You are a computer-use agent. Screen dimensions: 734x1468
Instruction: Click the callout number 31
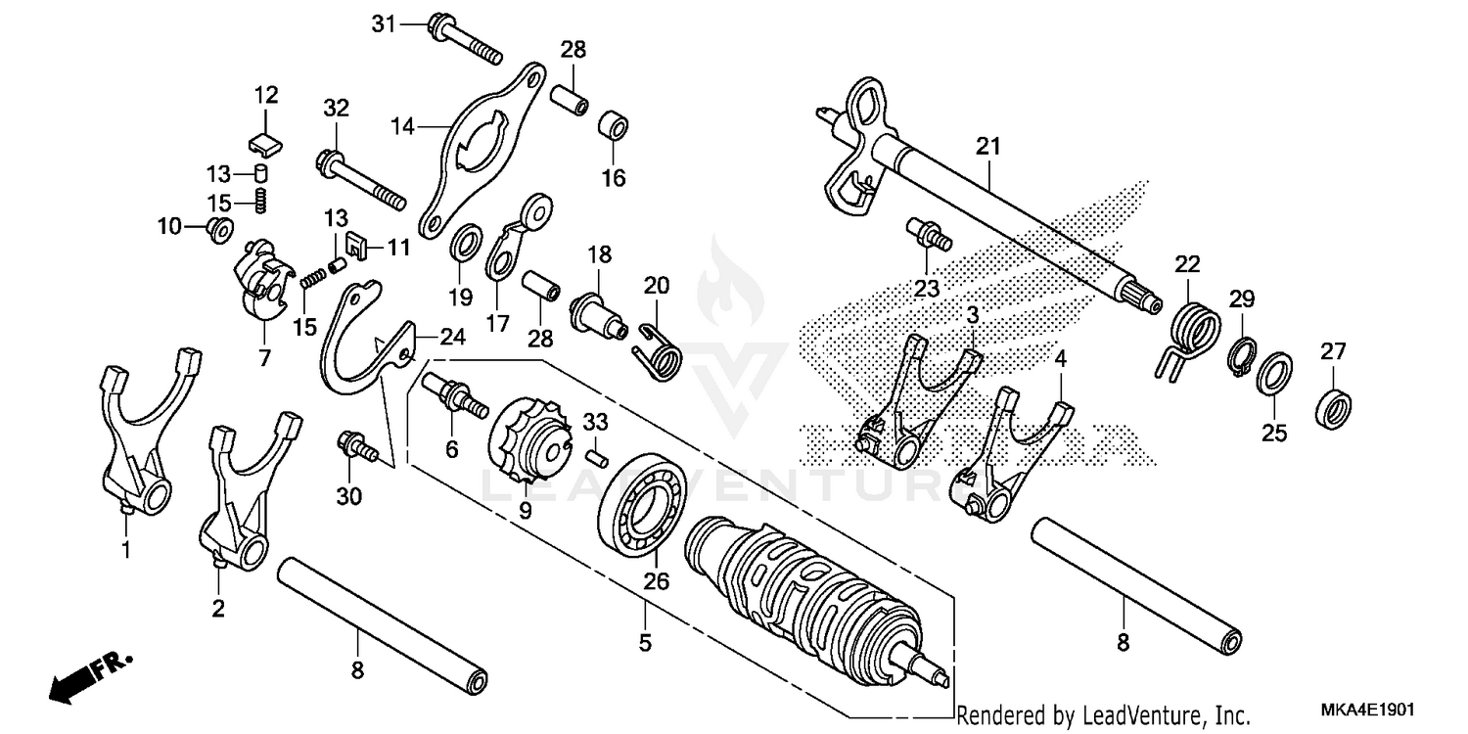pyautogui.click(x=385, y=23)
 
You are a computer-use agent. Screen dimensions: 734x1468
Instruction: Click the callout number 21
pyautogui.click(x=988, y=147)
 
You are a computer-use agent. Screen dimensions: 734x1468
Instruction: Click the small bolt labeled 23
pyautogui.click(x=926, y=234)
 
